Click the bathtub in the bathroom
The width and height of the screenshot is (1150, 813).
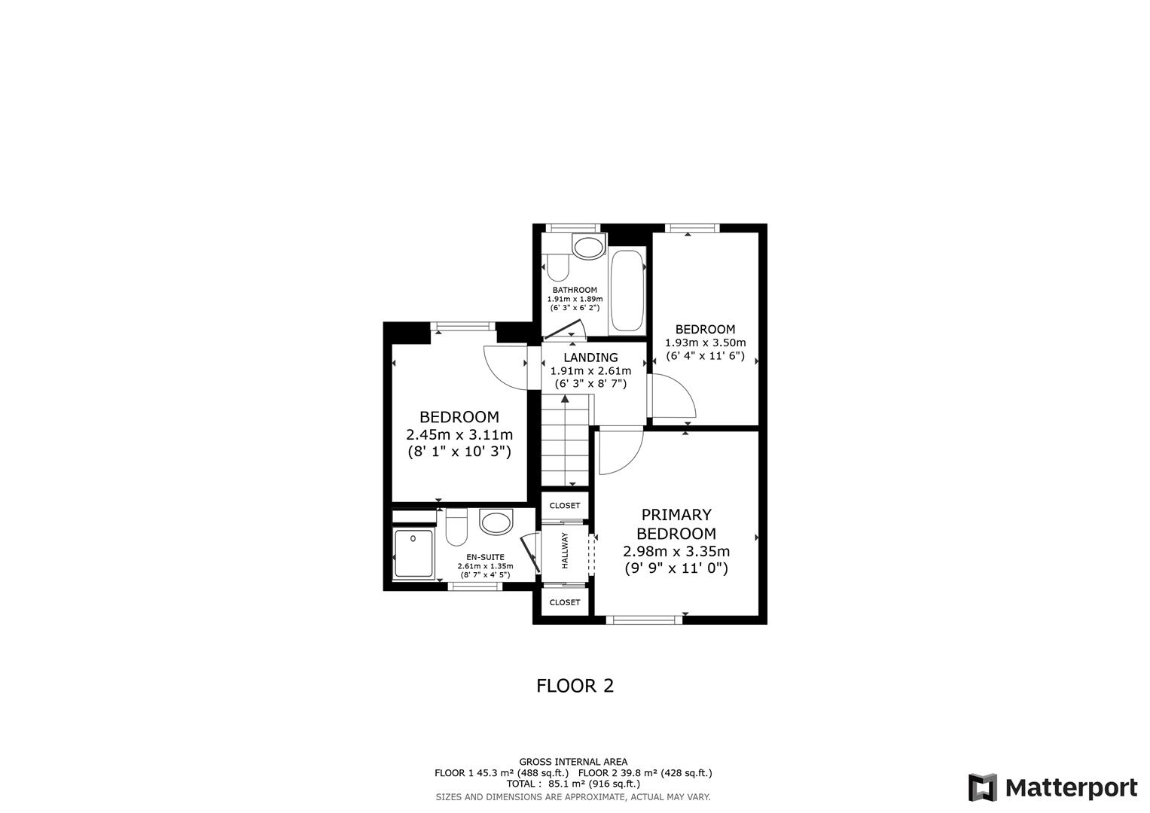coord(627,291)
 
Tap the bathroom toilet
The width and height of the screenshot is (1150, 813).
coord(558,267)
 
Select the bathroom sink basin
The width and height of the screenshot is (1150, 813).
coord(588,246)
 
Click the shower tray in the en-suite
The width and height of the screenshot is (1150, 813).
coord(413,553)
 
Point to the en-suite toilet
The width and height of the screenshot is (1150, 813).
coord(456,527)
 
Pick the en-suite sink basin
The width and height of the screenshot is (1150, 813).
coord(496,522)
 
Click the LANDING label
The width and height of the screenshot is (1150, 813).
coord(590,358)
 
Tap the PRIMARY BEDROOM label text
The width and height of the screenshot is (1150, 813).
coord(676,524)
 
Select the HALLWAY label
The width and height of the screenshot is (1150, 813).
coord(564,550)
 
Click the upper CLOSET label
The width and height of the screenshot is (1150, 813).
coord(565,506)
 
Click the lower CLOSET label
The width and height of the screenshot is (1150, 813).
coord(565,602)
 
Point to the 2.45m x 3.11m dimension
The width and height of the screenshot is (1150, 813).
coord(459,434)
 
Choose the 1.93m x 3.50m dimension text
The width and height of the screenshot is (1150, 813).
coord(705,343)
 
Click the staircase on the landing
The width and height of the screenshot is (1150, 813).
coord(566,444)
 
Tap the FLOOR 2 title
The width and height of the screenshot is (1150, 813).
coord(575,686)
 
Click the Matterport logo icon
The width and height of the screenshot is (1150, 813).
coord(982,787)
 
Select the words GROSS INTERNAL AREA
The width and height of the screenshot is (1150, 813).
coord(573,762)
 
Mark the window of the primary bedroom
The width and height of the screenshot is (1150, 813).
coord(645,620)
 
